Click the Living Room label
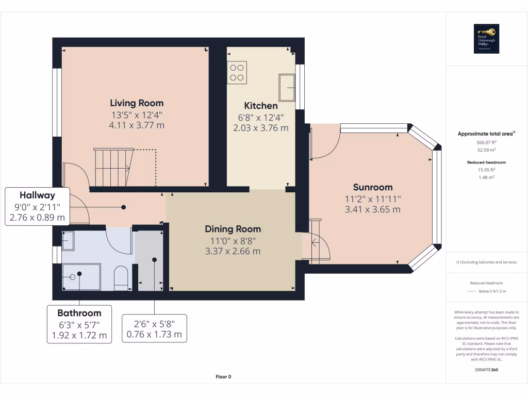[137, 103]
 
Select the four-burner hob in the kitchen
[237, 72]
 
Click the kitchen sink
[286, 87]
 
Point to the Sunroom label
[372, 187]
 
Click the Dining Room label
[233, 229]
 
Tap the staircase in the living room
[112, 167]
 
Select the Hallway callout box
[37, 206]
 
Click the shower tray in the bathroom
[81, 277]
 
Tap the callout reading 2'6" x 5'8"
[154, 329]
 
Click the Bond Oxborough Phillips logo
[486, 39]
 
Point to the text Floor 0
[223, 377]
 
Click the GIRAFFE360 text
[486, 370]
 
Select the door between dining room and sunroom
[316, 246]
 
